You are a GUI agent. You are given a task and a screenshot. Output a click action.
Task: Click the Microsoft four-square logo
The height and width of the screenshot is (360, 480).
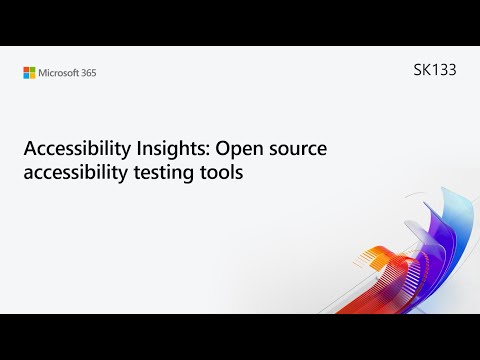(30, 72)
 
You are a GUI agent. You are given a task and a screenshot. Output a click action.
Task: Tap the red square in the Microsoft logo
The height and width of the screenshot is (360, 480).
(27, 69)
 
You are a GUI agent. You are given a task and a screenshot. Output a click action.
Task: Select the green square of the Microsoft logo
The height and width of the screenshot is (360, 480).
(33, 69)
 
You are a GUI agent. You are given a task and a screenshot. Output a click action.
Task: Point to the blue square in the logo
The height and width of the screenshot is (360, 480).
(27, 75)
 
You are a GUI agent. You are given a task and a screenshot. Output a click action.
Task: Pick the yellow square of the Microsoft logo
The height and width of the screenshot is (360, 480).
(33, 75)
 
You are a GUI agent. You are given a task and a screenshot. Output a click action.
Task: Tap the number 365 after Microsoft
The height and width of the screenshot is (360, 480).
(88, 72)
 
